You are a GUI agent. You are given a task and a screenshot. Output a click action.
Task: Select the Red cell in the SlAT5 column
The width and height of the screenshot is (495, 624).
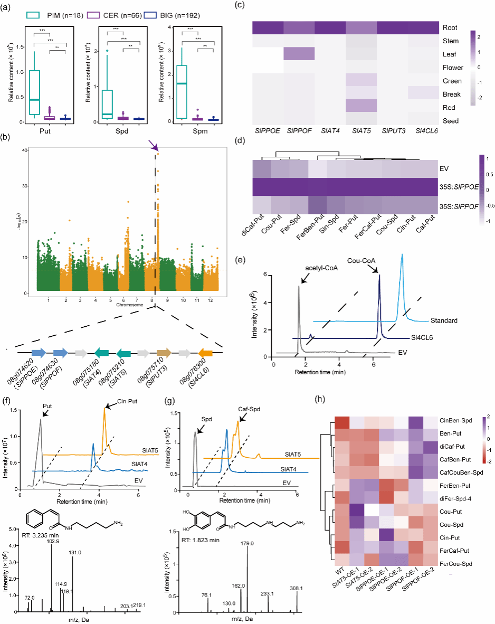pos(361,107)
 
